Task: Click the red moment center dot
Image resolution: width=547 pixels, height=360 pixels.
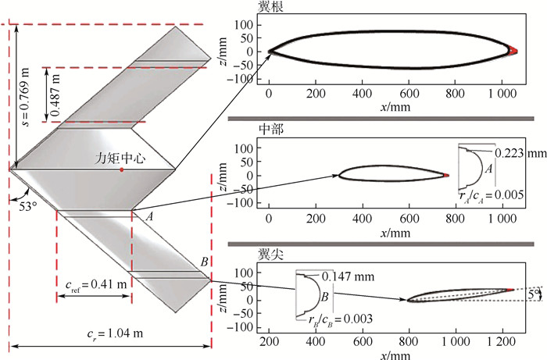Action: coord(121,169)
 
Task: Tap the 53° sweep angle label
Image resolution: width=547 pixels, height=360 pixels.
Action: coord(29,206)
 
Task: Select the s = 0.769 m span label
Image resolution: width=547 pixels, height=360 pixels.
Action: coord(26,97)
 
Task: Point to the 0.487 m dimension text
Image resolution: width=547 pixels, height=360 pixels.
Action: coord(55,94)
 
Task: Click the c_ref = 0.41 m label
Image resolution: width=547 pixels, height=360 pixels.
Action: coord(96,285)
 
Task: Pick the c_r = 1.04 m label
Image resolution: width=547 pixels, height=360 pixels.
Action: coord(115,334)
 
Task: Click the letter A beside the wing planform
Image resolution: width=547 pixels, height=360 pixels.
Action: coord(149,217)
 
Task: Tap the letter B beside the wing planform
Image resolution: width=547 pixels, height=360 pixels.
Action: coord(204,262)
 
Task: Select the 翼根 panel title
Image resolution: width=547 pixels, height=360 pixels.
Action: coord(270,6)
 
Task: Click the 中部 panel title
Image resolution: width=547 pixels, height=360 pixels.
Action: coord(270,130)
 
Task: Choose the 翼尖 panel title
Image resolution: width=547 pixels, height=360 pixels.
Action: coord(270,255)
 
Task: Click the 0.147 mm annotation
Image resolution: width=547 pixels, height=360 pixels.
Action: coord(348,276)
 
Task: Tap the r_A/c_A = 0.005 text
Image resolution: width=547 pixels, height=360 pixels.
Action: coord(492,195)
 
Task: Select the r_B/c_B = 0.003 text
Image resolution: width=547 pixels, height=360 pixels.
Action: coord(340,319)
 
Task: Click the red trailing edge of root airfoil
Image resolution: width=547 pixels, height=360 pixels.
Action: coord(513,51)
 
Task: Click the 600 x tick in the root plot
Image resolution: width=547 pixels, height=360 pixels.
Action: coord(409,94)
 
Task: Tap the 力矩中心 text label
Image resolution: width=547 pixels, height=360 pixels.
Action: coord(120,159)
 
